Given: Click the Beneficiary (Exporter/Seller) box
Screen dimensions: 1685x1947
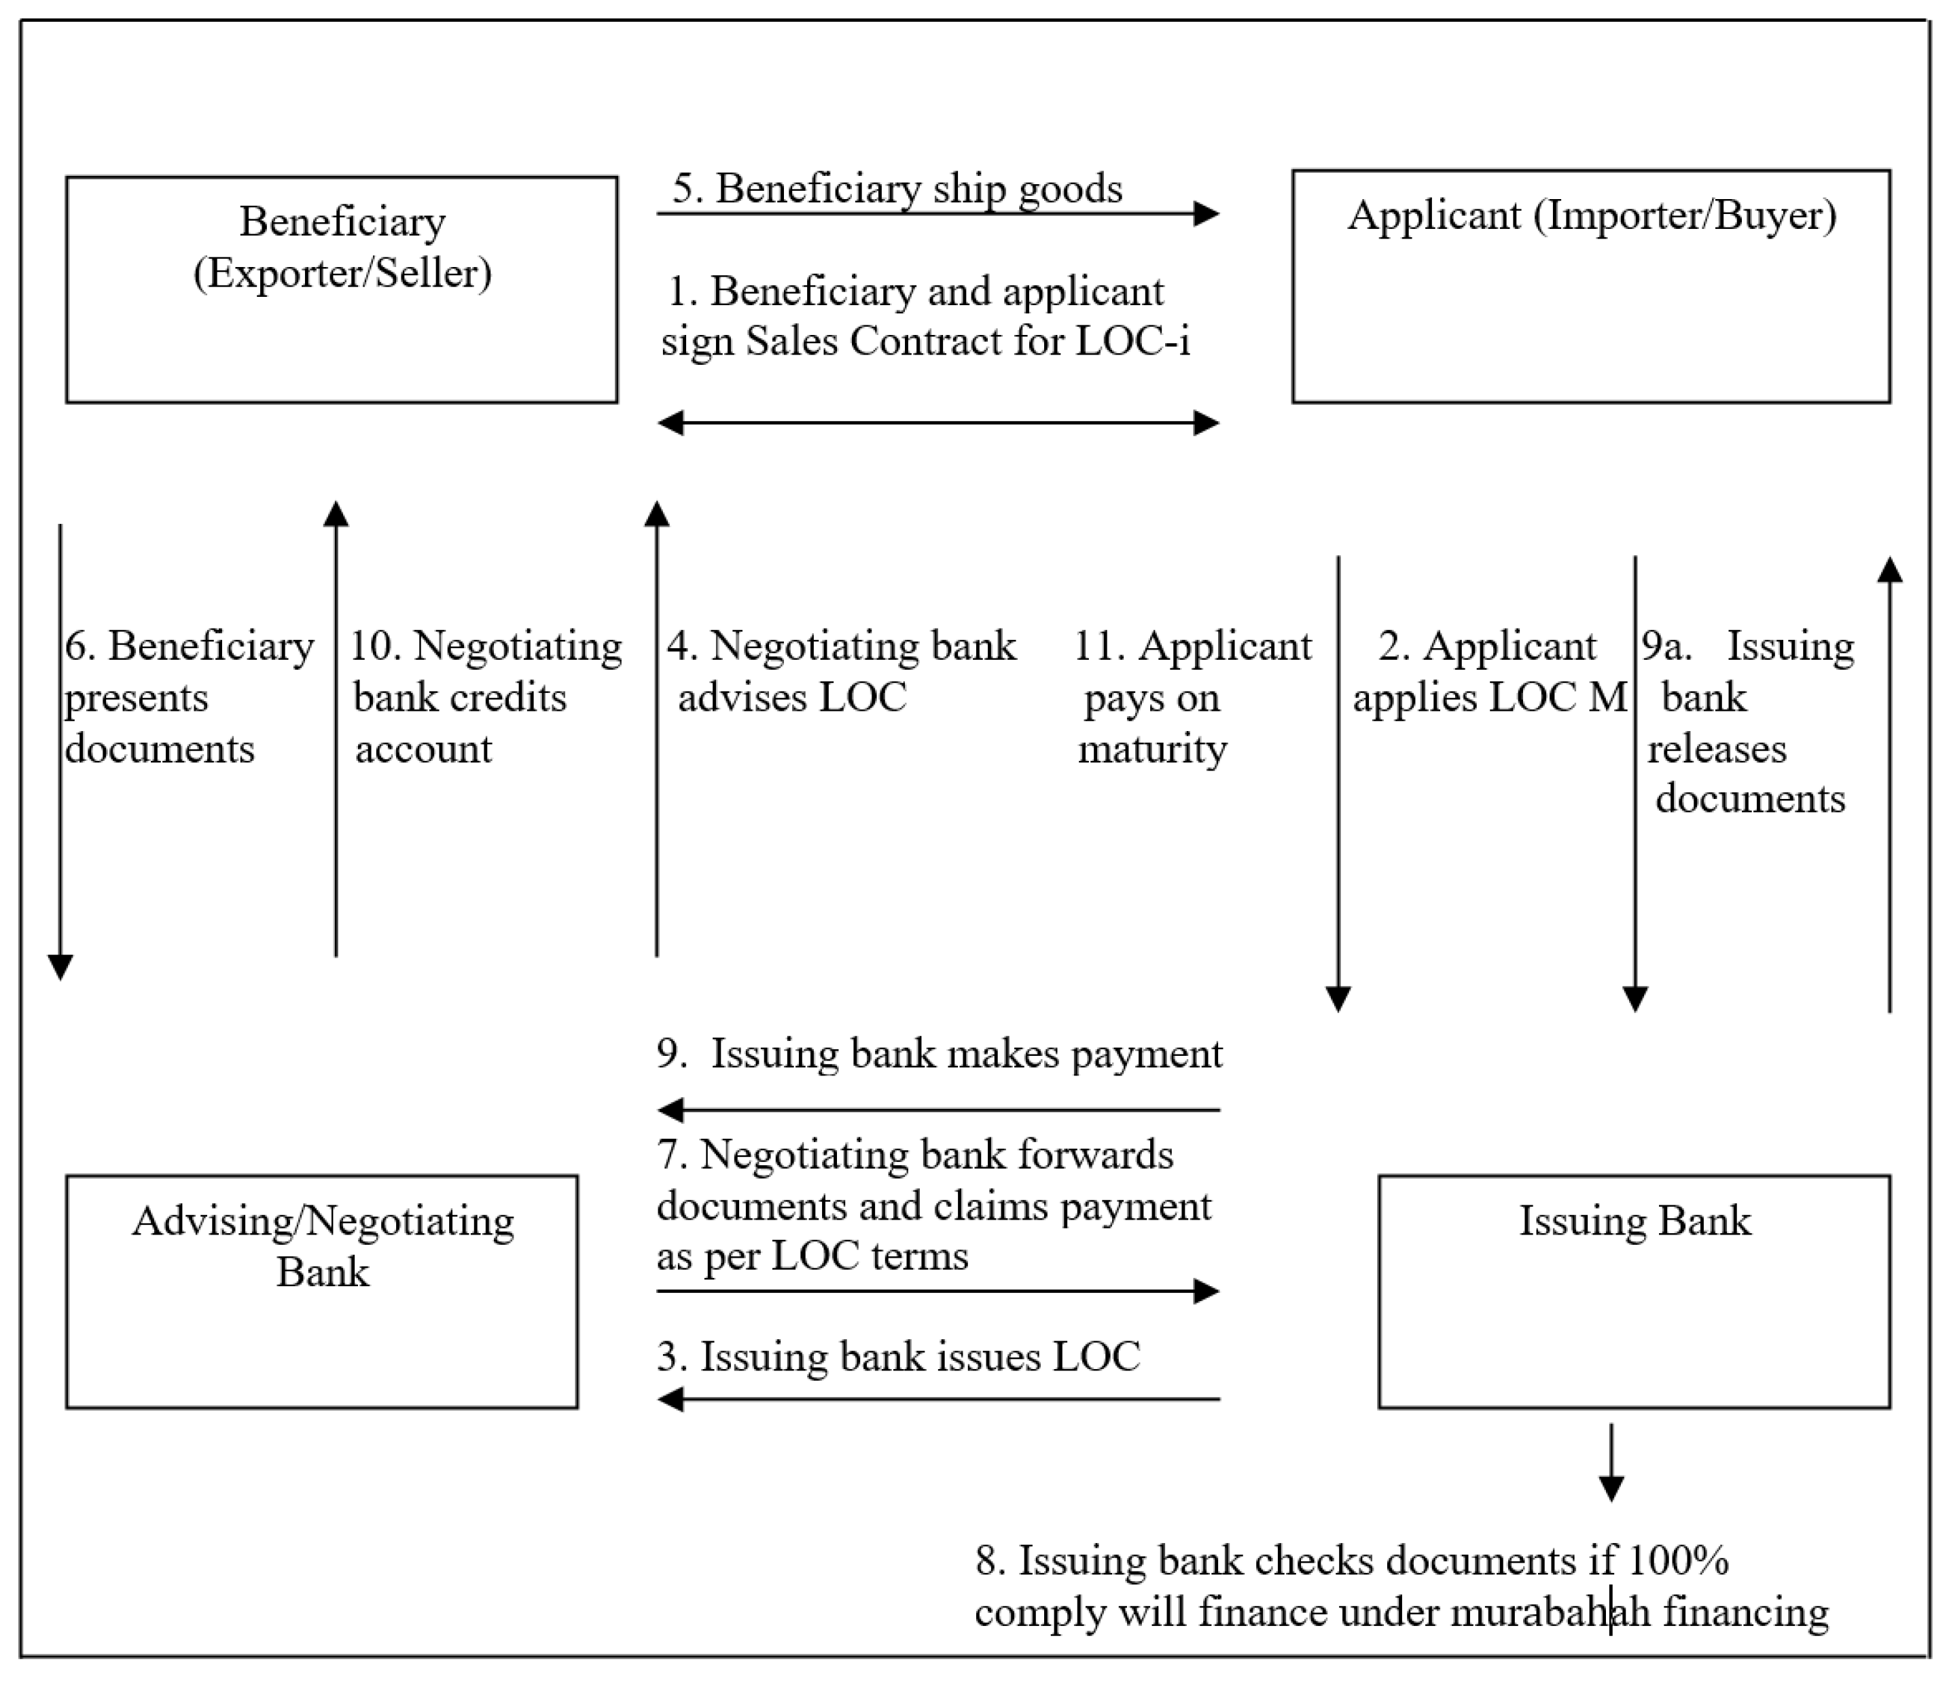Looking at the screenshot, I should tap(341, 289).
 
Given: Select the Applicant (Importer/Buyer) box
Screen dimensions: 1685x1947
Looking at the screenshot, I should tap(1591, 286).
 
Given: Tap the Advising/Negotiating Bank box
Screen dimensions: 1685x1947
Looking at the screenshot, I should tap(321, 1291).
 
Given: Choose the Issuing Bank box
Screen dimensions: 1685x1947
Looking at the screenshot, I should tap(1634, 1291).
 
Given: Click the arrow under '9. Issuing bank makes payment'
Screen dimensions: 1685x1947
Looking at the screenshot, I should tap(937, 1110).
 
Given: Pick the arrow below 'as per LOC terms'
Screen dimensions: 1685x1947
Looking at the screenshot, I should tap(937, 1291).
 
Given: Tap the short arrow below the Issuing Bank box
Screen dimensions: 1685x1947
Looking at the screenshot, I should tap(1611, 1463).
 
